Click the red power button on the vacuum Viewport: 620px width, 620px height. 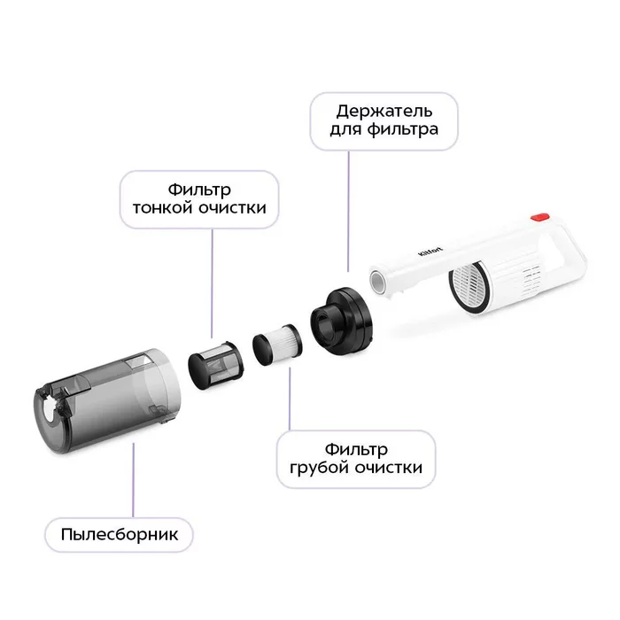click(539, 217)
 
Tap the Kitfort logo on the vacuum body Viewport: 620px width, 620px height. click(430, 251)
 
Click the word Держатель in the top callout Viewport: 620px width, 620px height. click(384, 112)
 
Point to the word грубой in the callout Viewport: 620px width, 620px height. click(320, 468)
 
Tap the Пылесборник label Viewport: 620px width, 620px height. click(120, 535)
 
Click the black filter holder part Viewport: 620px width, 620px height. click(342, 321)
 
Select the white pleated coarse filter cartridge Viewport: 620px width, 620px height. click(277, 345)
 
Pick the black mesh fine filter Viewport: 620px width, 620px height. click(215, 365)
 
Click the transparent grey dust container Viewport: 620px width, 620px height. click(107, 400)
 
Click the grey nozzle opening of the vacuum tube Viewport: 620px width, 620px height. click(377, 282)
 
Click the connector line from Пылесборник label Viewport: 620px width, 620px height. click(133, 480)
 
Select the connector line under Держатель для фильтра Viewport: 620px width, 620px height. click(348, 211)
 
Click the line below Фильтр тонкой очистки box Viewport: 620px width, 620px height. click(213, 283)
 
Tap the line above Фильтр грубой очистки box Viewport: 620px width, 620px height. click(290, 399)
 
